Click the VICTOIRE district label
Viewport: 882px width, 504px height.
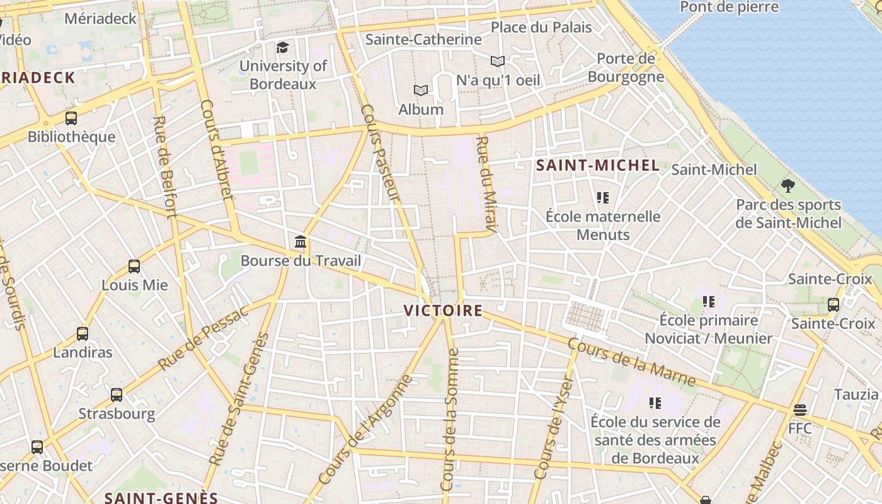[x=443, y=311]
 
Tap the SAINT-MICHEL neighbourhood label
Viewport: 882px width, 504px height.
[x=597, y=166]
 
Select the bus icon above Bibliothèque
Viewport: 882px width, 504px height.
[x=71, y=118]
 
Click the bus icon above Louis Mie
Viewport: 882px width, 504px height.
[x=134, y=266]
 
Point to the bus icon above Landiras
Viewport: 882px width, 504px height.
[x=83, y=334]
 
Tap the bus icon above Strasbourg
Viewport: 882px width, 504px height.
[x=117, y=395]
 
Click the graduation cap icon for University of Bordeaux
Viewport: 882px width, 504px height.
[x=282, y=47]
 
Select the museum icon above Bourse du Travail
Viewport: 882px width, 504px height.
[x=301, y=242]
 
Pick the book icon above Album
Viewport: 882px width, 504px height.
[x=421, y=91]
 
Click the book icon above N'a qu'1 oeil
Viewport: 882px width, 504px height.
[x=498, y=62]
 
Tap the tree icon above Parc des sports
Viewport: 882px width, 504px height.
[x=787, y=186]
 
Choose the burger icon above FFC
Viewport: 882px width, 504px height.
[x=800, y=410]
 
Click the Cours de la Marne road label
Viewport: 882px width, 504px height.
[x=631, y=362]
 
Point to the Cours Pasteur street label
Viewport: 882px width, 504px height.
[x=381, y=153]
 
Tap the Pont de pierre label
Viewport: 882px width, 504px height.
[x=730, y=8]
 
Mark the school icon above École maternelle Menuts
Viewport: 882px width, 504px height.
[x=603, y=198]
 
